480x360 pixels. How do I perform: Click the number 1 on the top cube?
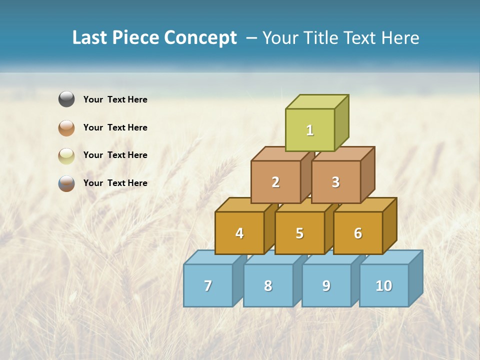coord(310,130)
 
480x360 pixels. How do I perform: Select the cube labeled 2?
coord(275,182)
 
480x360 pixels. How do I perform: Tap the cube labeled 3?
coord(335,182)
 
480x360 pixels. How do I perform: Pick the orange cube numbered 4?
coord(239,233)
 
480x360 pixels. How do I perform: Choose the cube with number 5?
coord(299,233)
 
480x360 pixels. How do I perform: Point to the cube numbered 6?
coord(358,233)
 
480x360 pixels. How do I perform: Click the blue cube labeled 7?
coord(208,285)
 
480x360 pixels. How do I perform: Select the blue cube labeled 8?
coord(268,285)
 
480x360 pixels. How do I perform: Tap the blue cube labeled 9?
coord(326,285)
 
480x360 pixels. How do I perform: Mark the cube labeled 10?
coord(384,285)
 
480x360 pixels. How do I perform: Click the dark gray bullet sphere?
coord(66,99)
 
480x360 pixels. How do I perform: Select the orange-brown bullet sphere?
coord(66,127)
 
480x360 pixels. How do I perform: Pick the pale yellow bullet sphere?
coord(66,155)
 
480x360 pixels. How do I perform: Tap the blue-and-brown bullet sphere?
coord(66,183)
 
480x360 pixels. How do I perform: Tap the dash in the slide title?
coord(252,38)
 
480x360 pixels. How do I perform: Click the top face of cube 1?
coord(317,102)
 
